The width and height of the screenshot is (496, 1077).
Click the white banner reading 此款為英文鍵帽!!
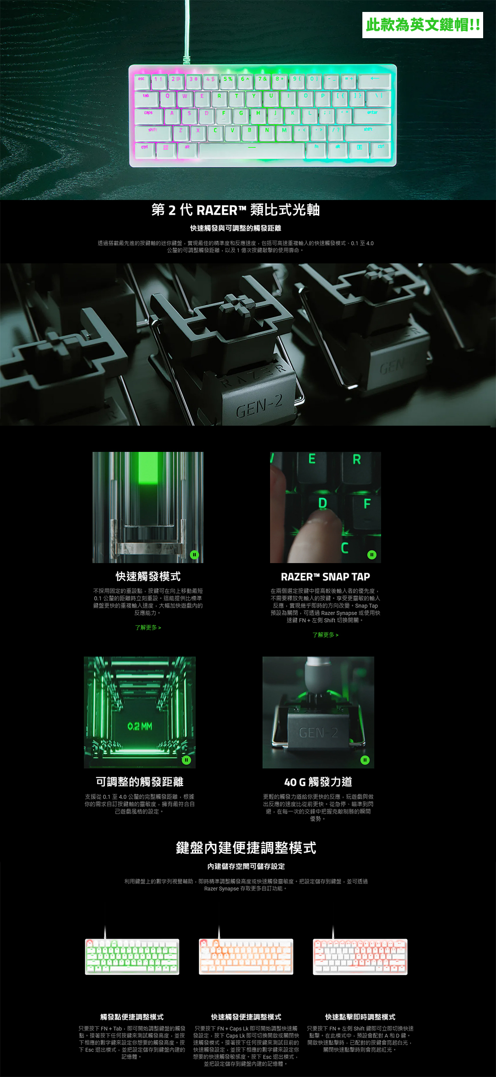pyautogui.click(x=423, y=25)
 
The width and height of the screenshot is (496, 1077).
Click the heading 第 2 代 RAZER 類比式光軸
pyautogui.click(x=236, y=210)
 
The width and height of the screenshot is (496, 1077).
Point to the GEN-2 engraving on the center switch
pyautogui.click(x=259, y=405)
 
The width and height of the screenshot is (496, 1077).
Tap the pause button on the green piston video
pyautogui.click(x=194, y=555)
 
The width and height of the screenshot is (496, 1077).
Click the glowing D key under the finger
pyautogui.click(x=323, y=503)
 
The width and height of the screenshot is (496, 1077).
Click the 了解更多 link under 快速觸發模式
pyautogui.click(x=148, y=627)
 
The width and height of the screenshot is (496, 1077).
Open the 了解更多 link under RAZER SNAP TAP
pyautogui.click(x=325, y=635)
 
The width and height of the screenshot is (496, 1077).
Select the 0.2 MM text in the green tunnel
pyautogui.click(x=140, y=726)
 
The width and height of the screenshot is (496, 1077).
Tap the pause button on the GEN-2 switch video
pyautogui.click(x=365, y=760)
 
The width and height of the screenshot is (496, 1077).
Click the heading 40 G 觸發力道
pyautogui.click(x=318, y=782)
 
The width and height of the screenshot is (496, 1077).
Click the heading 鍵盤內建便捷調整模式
pyautogui.click(x=246, y=848)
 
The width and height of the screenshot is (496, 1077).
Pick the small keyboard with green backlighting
pyautogui.click(x=132, y=957)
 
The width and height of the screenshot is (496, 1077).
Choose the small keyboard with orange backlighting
pyautogui.click(x=246, y=957)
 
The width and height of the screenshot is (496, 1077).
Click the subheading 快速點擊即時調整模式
pyautogui.click(x=360, y=1017)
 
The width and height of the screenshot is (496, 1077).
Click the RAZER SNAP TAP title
pyautogui.click(x=325, y=577)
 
